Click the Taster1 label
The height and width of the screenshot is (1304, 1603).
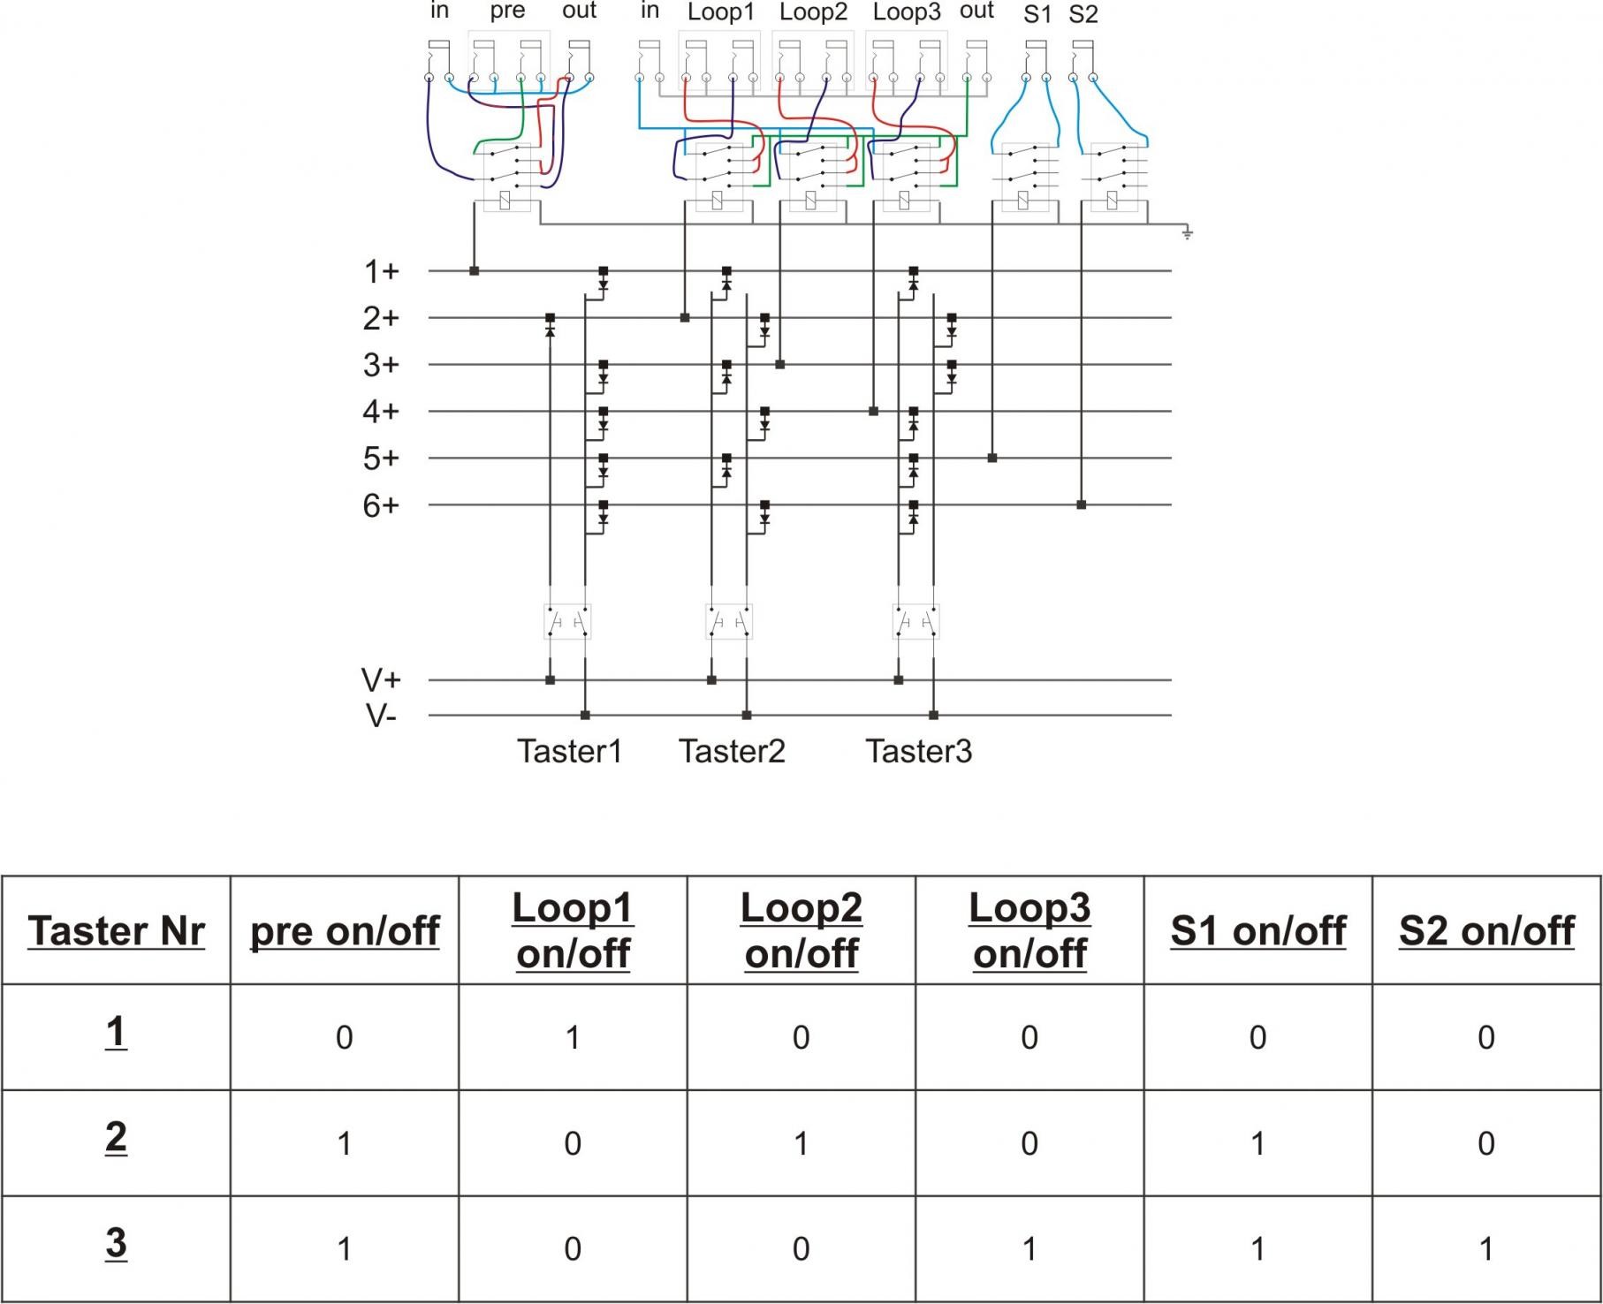(570, 751)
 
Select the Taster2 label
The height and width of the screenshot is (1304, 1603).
(732, 751)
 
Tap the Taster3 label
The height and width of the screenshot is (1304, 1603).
(919, 751)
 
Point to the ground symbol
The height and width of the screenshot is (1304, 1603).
(1188, 233)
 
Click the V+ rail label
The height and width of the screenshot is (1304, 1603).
(381, 680)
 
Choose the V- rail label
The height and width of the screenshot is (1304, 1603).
(381, 716)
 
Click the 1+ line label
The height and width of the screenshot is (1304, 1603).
(382, 271)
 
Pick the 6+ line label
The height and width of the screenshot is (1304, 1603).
(381, 505)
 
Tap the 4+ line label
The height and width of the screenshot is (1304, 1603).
(381, 412)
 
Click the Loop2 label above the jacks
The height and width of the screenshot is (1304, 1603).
(813, 12)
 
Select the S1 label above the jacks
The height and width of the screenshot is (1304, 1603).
(1037, 14)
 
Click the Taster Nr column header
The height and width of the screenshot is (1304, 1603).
(116, 930)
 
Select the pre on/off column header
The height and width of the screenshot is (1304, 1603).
(345, 930)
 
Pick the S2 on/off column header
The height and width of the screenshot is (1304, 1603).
(1486, 930)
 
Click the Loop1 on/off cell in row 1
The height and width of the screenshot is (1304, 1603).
(573, 1037)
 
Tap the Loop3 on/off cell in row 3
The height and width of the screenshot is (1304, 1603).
(1029, 1248)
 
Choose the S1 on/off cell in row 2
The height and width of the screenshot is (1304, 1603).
(1257, 1143)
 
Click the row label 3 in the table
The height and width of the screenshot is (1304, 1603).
(116, 1243)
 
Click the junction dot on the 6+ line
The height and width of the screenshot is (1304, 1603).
(1081, 505)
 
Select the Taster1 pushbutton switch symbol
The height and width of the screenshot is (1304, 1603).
(566, 622)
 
